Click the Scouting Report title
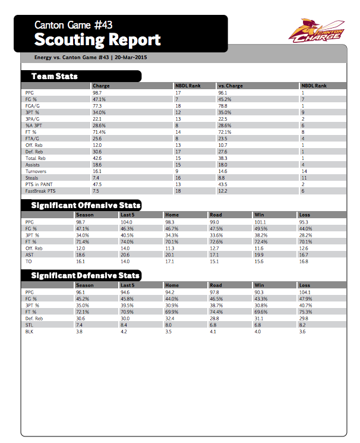point(97,40)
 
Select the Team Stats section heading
point(55,76)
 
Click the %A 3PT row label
point(33,125)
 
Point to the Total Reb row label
point(36,158)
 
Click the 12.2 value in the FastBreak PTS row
point(223,191)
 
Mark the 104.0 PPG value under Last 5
point(127,222)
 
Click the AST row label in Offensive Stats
point(30,254)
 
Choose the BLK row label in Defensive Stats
point(30,331)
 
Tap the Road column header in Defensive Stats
point(216,285)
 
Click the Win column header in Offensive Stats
point(259,215)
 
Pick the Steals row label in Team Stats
point(32,177)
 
